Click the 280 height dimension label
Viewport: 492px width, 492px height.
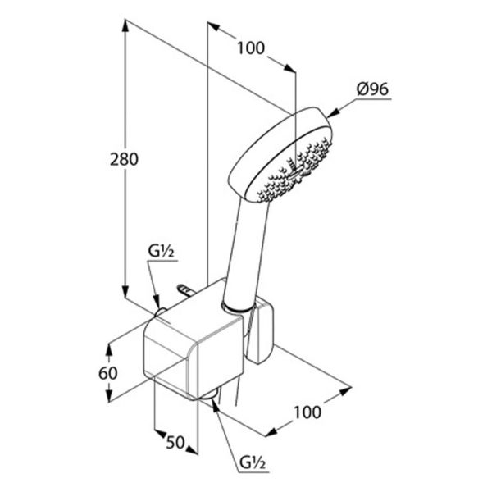[124, 159]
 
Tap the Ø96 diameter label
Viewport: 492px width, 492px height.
[372, 89]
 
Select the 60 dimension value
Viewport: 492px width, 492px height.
[108, 373]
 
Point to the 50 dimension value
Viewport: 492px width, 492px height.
[175, 443]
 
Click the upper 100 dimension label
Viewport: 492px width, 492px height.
[251, 48]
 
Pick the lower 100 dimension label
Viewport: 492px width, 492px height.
[307, 412]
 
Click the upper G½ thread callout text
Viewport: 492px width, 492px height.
[161, 252]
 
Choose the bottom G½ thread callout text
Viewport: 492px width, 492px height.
[253, 462]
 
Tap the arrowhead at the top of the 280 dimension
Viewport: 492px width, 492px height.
[125, 25]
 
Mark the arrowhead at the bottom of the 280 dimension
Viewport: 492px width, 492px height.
[125, 292]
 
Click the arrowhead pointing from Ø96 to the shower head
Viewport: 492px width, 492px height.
[334, 113]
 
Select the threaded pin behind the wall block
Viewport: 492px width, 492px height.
[187, 290]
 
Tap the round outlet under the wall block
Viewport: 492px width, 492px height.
[209, 394]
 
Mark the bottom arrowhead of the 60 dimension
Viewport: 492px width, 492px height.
[109, 396]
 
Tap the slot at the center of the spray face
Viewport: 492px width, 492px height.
[296, 172]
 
